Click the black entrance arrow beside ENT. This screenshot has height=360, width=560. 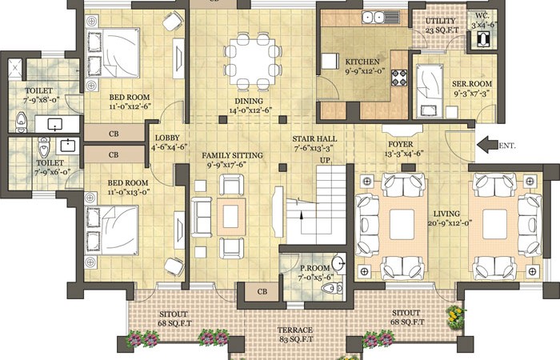(x=487, y=145)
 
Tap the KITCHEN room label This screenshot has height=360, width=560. (x=362, y=62)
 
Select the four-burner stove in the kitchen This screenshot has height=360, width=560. (x=399, y=78)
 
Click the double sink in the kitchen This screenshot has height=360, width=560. (x=373, y=17)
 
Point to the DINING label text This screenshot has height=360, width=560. (x=249, y=101)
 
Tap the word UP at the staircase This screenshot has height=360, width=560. (x=325, y=160)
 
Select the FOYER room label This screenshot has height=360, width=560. (x=401, y=144)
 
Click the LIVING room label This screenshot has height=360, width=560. (x=446, y=214)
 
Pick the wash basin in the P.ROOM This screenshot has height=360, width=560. (x=338, y=263)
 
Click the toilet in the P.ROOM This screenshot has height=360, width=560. (x=333, y=287)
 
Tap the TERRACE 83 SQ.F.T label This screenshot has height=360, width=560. (x=295, y=334)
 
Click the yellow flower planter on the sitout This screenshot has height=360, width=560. (x=456, y=317)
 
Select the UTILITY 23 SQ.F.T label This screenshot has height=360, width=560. (x=441, y=26)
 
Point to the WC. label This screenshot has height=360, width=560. (x=482, y=16)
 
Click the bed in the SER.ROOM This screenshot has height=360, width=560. (x=430, y=90)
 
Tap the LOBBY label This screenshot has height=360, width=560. (x=167, y=138)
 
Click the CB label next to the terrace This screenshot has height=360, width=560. (x=262, y=292)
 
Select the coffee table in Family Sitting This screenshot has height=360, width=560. (x=231, y=217)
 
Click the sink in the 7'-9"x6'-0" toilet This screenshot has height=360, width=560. (x=67, y=146)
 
